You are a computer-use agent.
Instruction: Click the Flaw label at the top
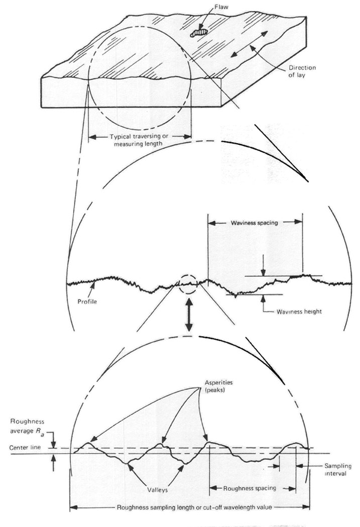click(x=221, y=7)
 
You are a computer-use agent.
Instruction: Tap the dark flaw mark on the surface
click(x=199, y=33)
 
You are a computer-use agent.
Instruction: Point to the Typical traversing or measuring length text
click(x=139, y=140)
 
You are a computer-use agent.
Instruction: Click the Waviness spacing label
click(x=254, y=223)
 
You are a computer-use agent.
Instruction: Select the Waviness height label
click(x=299, y=311)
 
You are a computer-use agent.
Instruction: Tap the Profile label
click(x=87, y=301)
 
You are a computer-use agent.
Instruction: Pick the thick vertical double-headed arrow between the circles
click(x=189, y=314)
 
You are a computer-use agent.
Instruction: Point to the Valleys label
click(x=157, y=490)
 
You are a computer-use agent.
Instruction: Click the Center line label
click(x=25, y=447)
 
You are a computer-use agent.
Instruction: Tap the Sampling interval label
click(x=337, y=470)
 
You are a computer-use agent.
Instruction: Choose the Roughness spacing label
click(x=250, y=488)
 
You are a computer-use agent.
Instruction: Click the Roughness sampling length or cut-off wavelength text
click(x=194, y=507)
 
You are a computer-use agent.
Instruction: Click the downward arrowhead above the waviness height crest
click(x=264, y=272)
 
